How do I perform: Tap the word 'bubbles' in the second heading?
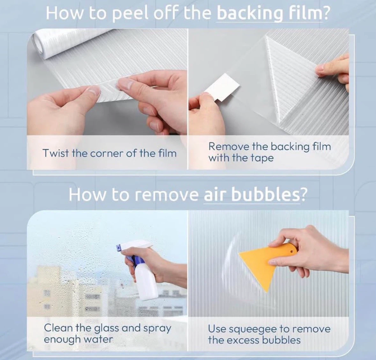265,195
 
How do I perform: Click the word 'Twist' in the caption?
55,153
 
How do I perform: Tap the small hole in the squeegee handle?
291,252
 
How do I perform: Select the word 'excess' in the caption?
242,340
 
